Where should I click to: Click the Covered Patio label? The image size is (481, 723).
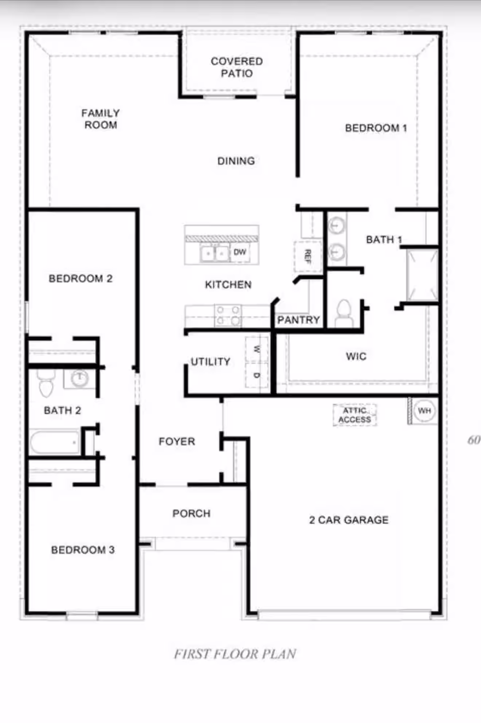[236, 67]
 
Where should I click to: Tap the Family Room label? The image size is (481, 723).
[101, 119]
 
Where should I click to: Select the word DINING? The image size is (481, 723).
[236, 161]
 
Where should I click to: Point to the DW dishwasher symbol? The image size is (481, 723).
[240, 252]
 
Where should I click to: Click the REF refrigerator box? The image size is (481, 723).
[308, 256]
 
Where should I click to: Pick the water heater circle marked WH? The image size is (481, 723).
[425, 411]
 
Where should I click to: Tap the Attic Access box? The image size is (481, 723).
[355, 415]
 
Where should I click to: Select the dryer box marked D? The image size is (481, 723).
[257, 375]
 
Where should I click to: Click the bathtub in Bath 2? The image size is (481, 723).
[55, 442]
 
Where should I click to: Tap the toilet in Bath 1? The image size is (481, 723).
[344, 313]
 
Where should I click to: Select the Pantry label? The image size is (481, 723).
[299, 320]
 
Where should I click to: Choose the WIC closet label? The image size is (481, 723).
[356, 356]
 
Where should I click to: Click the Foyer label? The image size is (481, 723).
[177, 441]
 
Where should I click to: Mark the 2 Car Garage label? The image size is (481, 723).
[349, 520]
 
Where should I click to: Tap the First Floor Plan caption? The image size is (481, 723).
[235, 654]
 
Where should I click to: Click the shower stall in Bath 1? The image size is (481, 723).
[422, 275]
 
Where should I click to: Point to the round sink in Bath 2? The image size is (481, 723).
[79, 379]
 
